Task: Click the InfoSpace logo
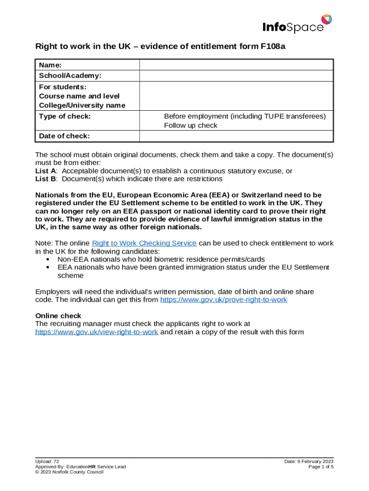click(x=297, y=25)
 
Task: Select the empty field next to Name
click(x=236, y=65)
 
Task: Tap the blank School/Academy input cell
click(x=236, y=76)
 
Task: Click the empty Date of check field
click(x=236, y=136)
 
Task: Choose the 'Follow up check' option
click(x=190, y=126)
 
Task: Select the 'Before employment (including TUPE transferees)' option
click(x=244, y=117)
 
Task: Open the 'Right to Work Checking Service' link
click(x=144, y=243)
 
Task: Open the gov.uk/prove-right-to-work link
click(x=223, y=300)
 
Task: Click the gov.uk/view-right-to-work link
click(x=97, y=332)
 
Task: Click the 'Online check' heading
click(x=58, y=316)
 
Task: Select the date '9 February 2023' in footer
click(x=315, y=461)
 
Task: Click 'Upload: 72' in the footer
click(x=47, y=461)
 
